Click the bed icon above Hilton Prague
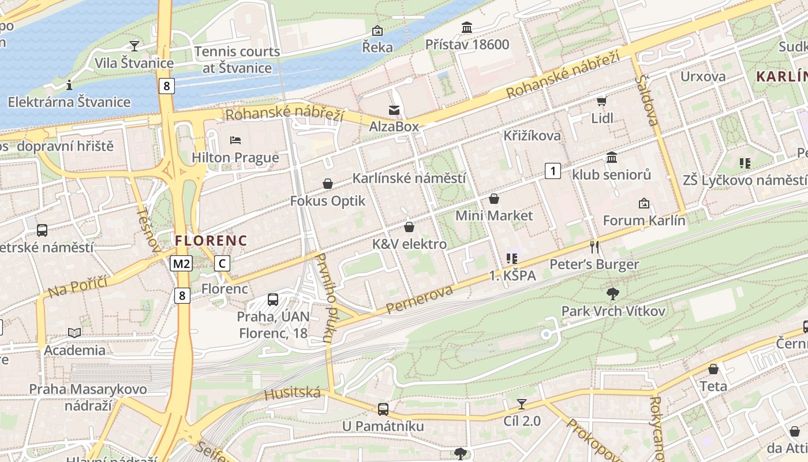click(x=235, y=140)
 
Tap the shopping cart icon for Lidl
click(x=601, y=101)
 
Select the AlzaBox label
click(x=394, y=126)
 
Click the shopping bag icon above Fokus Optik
click(x=328, y=184)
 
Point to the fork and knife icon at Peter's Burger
click(x=594, y=247)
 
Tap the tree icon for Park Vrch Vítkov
click(x=613, y=293)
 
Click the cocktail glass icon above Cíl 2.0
click(x=522, y=404)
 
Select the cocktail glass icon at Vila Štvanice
click(x=134, y=46)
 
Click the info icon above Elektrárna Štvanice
click(x=69, y=85)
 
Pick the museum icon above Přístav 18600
click(x=467, y=27)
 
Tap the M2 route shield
click(x=181, y=264)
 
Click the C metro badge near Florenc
click(x=222, y=264)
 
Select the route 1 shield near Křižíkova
click(x=553, y=171)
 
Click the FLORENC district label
click(x=211, y=241)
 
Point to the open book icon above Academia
click(x=74, y=333)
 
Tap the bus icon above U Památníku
click(x=383, y=409)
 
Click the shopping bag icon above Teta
click(x=713, y=369)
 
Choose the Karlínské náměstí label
click(x=409, y=178)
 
